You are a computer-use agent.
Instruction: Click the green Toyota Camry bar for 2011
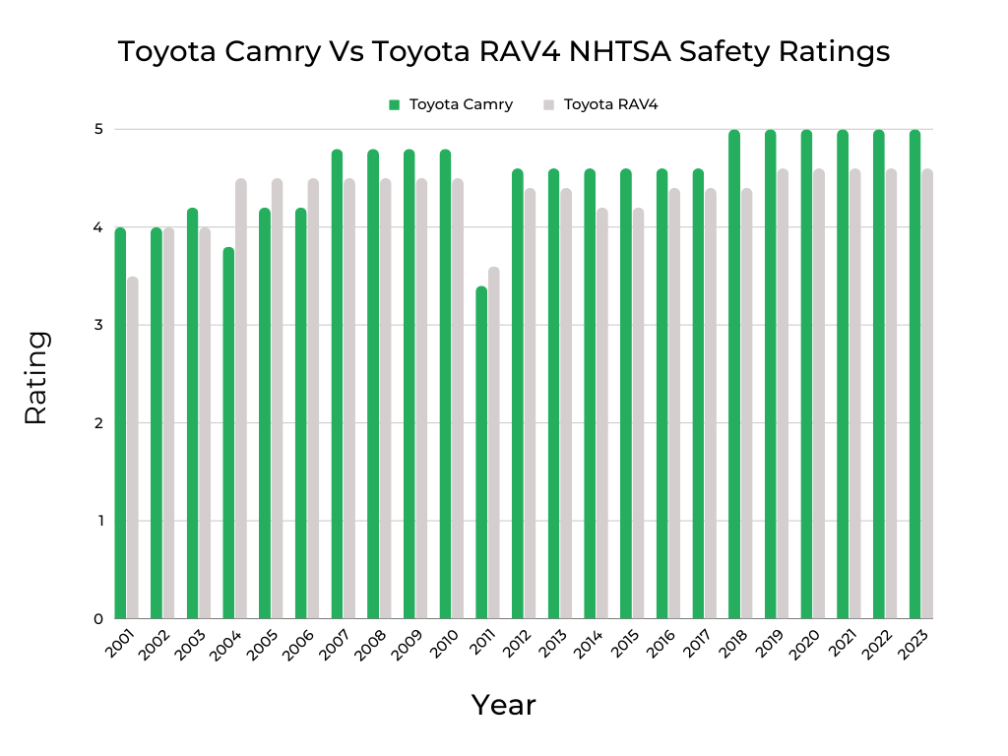(x=480, y=453)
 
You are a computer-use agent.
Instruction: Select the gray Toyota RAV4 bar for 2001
(x=133, y=448)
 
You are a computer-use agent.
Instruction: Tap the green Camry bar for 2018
(x=733, y=374)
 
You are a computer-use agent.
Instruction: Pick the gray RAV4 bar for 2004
(x=241, y=399)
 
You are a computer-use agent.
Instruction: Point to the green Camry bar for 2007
(x=337, y=384)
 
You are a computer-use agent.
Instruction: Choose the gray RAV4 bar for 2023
(x=926, y=394)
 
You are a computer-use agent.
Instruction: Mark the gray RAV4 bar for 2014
(x=601, y=413)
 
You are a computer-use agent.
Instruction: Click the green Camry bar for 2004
(x=228, y=433)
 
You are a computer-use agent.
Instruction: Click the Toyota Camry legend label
(x=461, y=104)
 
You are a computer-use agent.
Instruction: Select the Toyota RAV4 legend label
(x=610, y=104)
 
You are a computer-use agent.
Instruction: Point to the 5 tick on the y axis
(x=98, y=129)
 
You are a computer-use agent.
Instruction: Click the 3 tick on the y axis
(x=98, y=325)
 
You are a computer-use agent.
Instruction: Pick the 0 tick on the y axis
(x=98, y=619)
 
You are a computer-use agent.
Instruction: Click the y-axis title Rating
(x=36, y=378)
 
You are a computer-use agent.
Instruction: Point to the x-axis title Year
(x=503, y=705)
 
